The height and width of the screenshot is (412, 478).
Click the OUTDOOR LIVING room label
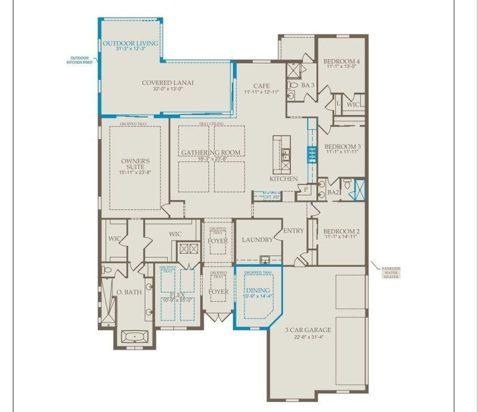pos(130,43)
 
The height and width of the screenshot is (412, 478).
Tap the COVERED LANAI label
pos(168,83)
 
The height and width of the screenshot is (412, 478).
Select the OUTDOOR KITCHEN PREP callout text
pos(80,60)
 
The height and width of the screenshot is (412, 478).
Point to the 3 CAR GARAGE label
pos(308,330)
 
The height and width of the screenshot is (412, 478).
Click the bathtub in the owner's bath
pos(135,336)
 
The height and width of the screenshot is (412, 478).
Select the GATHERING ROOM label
pos(211,153)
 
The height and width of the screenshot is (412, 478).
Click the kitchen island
pos(282,154)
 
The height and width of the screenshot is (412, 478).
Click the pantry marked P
pos(306,189)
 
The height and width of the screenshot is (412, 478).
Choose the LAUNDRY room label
pos(257,240)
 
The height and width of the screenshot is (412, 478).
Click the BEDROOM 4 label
pos(342,61)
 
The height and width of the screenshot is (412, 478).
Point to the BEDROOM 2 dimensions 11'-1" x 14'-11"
pos(342,237)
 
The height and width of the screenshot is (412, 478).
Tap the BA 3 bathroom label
pos(308,85)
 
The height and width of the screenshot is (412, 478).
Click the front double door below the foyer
pos(218,318)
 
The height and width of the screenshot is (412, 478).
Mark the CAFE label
pos(261,86)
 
